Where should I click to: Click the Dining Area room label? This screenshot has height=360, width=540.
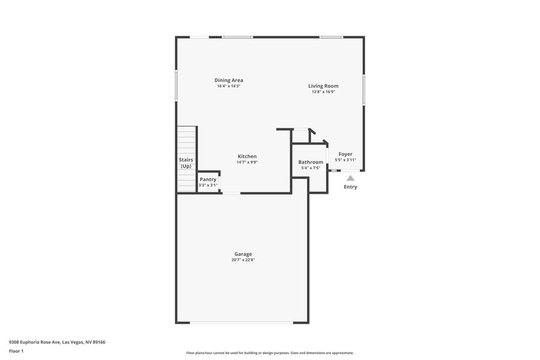229,80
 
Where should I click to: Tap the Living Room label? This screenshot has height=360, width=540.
323,86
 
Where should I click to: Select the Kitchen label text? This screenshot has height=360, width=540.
247,156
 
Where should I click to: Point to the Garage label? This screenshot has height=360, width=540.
244,254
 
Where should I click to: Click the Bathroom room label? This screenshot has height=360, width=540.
310,162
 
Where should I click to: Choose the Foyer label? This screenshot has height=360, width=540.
345,154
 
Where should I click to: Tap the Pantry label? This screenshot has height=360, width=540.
208,179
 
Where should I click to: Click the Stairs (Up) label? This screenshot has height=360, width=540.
186,163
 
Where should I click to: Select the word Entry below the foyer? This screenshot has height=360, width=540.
350,187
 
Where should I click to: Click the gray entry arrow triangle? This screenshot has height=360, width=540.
350,178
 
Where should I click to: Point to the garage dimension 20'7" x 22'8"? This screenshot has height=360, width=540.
244,260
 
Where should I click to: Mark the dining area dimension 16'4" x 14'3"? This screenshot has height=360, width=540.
229,86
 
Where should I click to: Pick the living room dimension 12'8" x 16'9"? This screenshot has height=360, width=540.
323,92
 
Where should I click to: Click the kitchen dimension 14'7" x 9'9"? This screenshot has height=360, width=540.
247,162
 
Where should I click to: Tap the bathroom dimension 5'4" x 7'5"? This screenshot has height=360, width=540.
310,168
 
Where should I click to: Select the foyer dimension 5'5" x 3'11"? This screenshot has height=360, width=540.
345,160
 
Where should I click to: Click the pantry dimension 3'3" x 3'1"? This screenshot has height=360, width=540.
208,184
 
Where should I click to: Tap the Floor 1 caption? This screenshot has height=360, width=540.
17,352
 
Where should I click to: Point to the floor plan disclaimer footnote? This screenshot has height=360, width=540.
270,353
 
